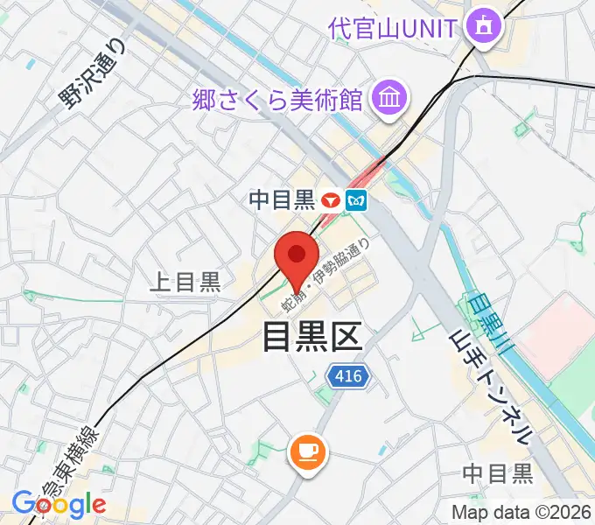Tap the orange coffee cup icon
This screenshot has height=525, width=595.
307,451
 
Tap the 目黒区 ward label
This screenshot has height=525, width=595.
312,336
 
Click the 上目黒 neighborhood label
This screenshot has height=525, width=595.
185,282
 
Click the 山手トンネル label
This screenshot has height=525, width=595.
489,388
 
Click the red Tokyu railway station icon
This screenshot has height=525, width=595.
331,200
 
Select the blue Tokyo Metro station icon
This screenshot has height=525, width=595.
356,200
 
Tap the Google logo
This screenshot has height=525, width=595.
59,504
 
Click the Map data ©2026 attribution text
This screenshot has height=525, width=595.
521,512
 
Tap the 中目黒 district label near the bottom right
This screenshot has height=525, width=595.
498,473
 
